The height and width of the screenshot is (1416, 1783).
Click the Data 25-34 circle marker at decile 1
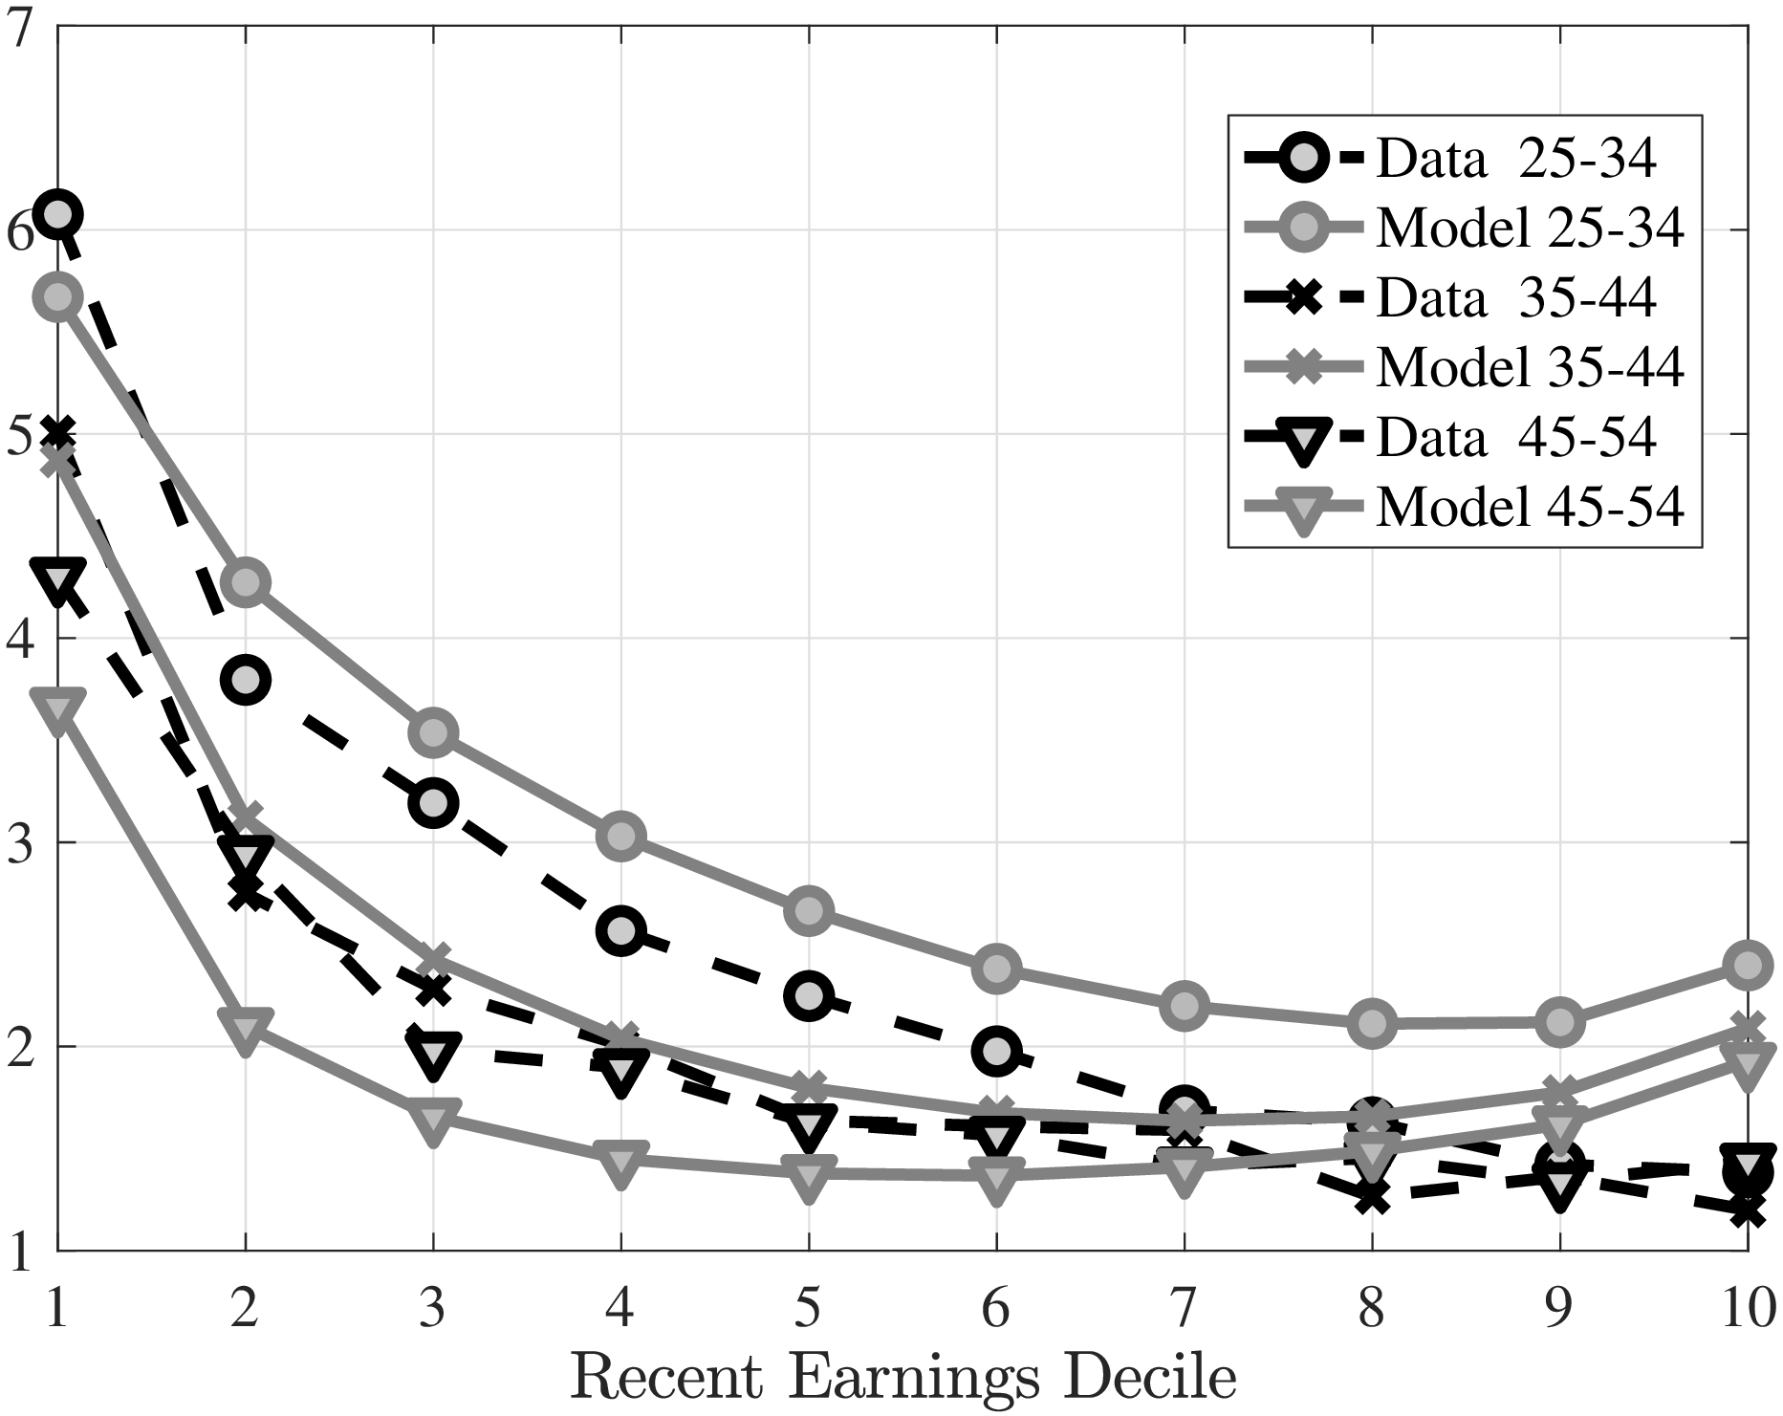coord(57,214)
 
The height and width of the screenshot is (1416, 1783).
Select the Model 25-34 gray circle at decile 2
coord(246,582)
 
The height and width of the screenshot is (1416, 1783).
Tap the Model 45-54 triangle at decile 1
coord(57,709)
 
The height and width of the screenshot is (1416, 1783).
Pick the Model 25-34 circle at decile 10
coord(1748,965)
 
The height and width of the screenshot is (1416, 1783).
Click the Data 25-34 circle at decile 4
coord(621,931)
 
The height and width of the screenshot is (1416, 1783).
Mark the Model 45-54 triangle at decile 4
coord(621,1162)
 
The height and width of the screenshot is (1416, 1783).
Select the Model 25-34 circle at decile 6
coord(996,969)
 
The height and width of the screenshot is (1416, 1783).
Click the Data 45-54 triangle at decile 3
coord(434,1053)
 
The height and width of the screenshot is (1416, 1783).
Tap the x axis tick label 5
coord(809,1307)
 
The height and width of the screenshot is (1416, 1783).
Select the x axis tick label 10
coord(1746,1307)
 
